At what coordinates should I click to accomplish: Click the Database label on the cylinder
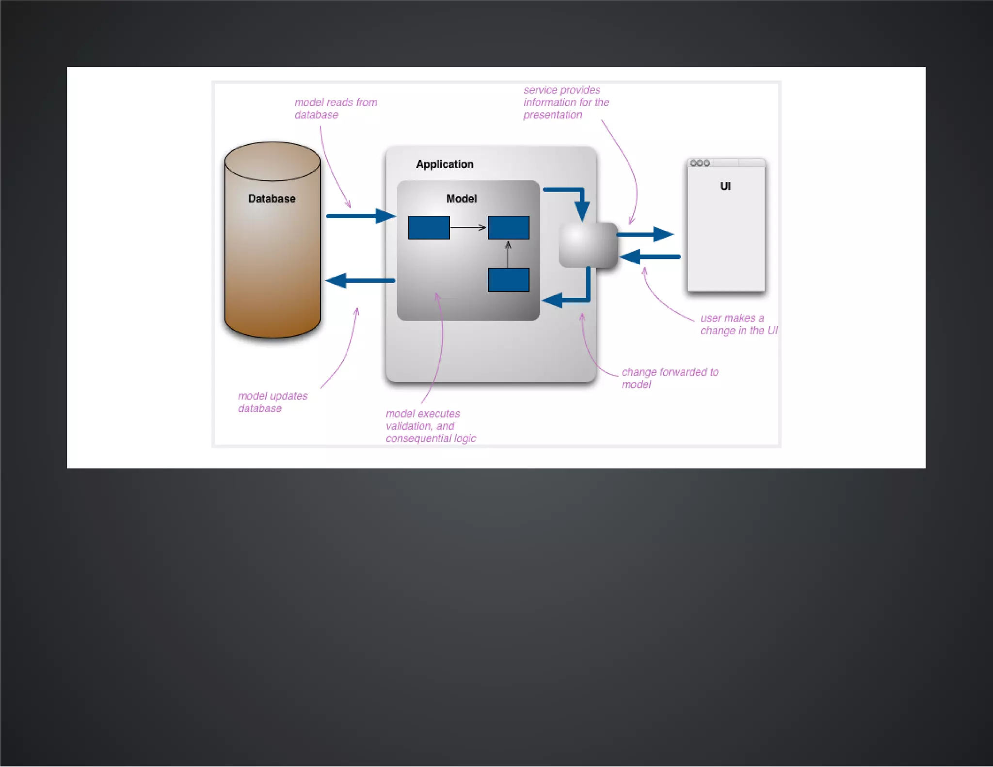(272, 199)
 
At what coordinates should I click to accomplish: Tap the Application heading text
(444, 164)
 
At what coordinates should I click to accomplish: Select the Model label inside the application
(461, 199)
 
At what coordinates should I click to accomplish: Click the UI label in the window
(725, 187)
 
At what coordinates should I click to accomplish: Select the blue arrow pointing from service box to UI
(645, 234)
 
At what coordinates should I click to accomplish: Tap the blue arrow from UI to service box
(650, 256)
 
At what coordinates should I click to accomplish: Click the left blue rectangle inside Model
(429, 227)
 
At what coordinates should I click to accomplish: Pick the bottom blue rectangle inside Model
(508, 280)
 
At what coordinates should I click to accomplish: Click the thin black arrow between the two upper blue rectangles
(468, 227)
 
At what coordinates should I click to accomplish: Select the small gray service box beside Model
(588, 245)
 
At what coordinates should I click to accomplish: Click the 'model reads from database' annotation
(336, 109)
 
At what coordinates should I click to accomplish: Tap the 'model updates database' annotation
(272, 402)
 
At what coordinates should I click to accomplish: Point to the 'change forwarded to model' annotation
(670, 378)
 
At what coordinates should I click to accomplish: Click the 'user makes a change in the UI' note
(738, 324)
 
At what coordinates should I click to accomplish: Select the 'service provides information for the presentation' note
(565, 102)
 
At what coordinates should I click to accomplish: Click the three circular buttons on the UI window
(700, 163)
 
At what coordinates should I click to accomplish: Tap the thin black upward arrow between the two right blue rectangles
(508, 254)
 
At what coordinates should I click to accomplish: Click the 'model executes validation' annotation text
(430, 426)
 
